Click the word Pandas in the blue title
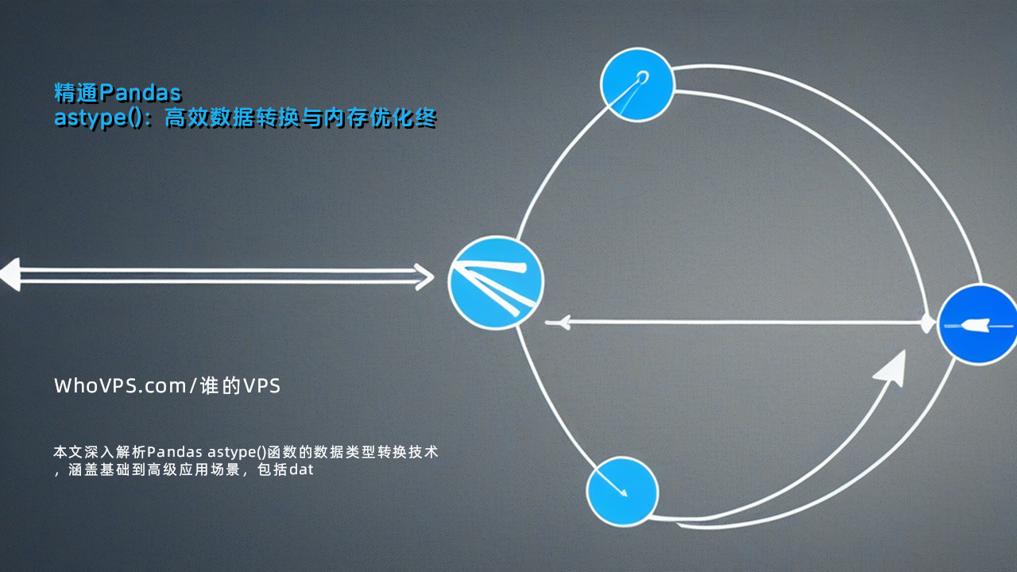[141, 93]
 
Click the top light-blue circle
[637, 85]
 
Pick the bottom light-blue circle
[622, 492]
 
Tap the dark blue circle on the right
[977, 324]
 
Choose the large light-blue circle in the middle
[496, 282]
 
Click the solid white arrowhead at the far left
[10, 274]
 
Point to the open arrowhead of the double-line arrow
[424, 276]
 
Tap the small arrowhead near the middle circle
[563, 323]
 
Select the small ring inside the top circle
[643, 76]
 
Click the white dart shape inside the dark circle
[974, 325]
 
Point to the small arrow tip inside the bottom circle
[624, 493]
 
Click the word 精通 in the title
[76, 93]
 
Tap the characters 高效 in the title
[186, 118]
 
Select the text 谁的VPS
[240, 386]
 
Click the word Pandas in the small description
[175, 452]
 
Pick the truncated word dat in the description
[301, 470]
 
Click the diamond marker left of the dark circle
[926, 323]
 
